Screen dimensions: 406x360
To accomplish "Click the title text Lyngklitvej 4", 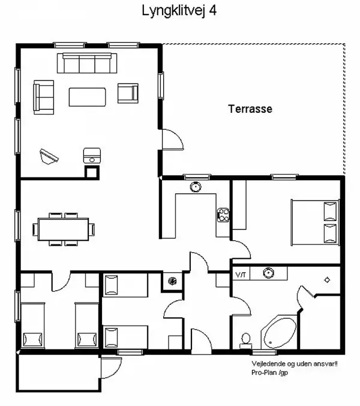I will [179, 11].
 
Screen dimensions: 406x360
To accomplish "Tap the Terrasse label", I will [250, 109].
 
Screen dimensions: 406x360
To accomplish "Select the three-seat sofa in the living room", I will [87, 63].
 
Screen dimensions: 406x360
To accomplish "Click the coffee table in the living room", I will [88, 96].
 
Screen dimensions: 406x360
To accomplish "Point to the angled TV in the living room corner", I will [49, 156].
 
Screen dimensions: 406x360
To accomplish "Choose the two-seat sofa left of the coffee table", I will [44, 96].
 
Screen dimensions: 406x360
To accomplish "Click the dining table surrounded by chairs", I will [64, 228].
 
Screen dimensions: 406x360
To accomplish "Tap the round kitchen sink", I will [196, 187].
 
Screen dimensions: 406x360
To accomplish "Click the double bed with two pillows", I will [314, 223].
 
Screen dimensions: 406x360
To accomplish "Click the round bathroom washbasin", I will [268, 273].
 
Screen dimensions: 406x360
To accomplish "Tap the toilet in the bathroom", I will [245, 340].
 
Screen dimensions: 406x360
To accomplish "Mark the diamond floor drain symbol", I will [327, 280].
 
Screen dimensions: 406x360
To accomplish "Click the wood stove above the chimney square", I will [91, 156].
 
